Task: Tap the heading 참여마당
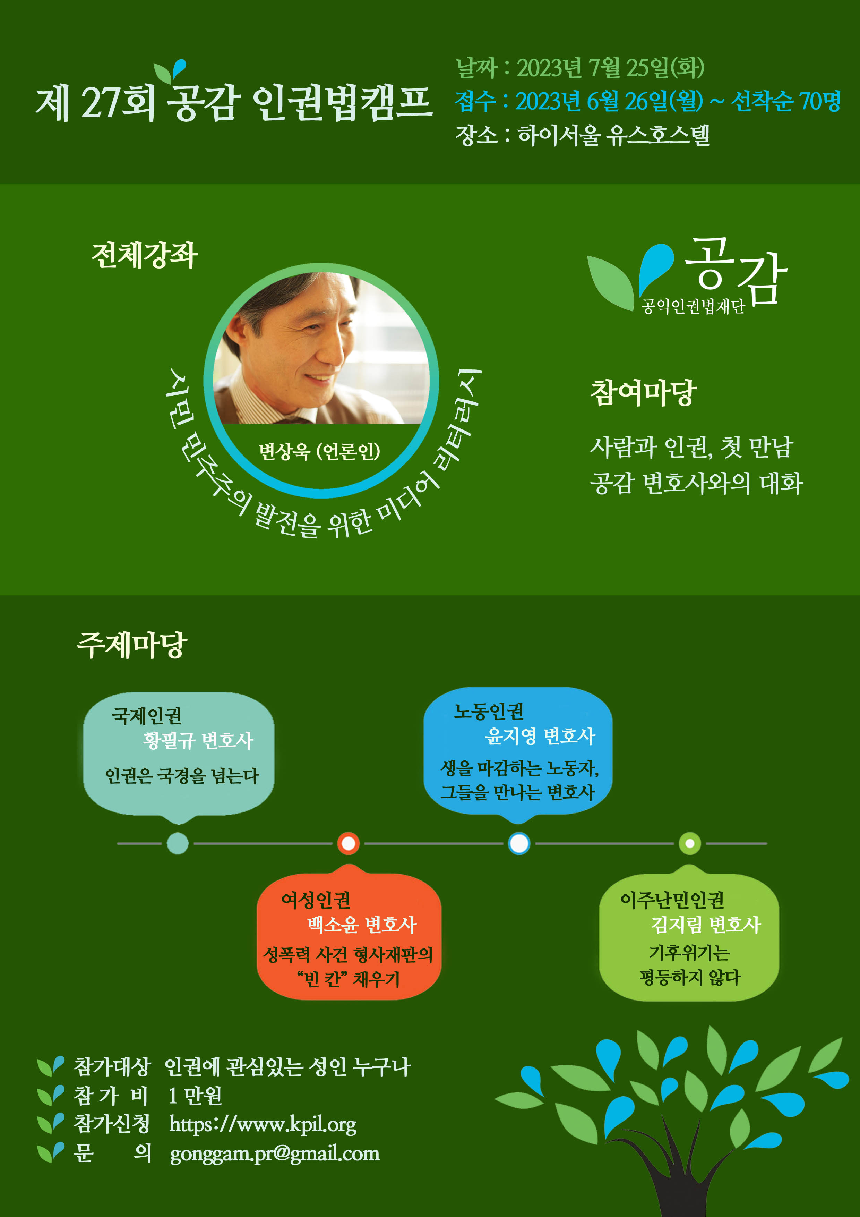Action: (x=643, y=393)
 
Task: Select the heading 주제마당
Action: (x=132, y=645)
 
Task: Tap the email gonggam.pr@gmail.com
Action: (x=275, y=1154)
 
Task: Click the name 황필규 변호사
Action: (x=198, y=740)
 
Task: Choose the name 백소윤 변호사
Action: (x=362, y=925)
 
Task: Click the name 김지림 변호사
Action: (x=706, y=925)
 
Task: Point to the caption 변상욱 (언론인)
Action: (x=319, y=451)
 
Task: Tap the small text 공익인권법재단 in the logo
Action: (x=693, y=306)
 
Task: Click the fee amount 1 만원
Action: (x=195, y=1095)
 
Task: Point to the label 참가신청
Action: (x=112, y=1123)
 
